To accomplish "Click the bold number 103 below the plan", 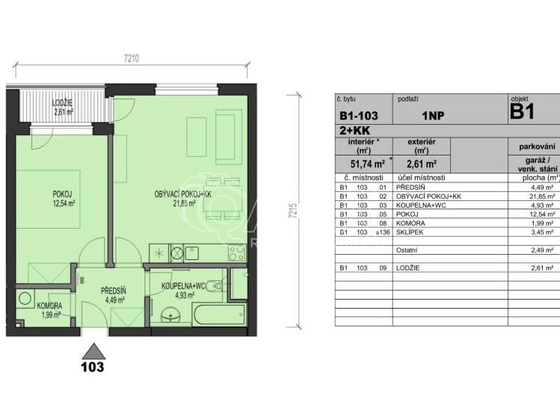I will point(92,367).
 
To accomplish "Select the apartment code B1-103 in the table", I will point(358,116).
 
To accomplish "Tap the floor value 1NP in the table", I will point(435,116).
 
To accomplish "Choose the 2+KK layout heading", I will point(354,131).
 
